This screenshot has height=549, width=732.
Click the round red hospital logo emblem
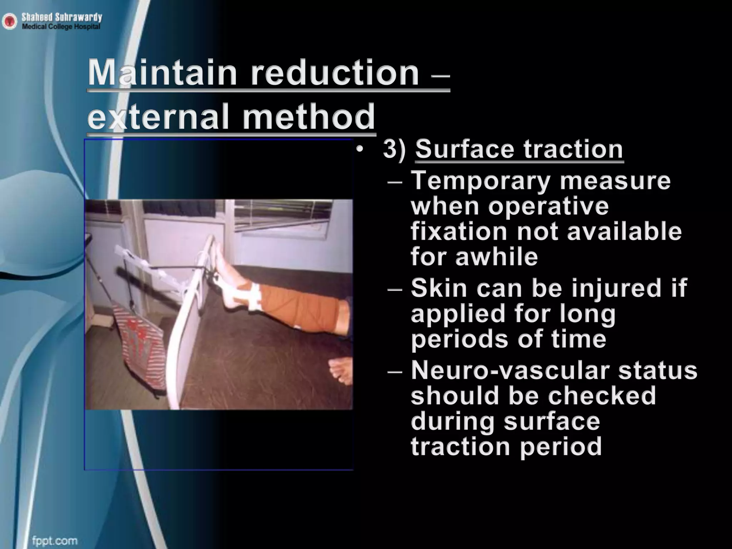coord(10,22)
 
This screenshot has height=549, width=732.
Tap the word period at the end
coord(561,446)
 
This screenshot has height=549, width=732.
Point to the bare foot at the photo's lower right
coord(340,372)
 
